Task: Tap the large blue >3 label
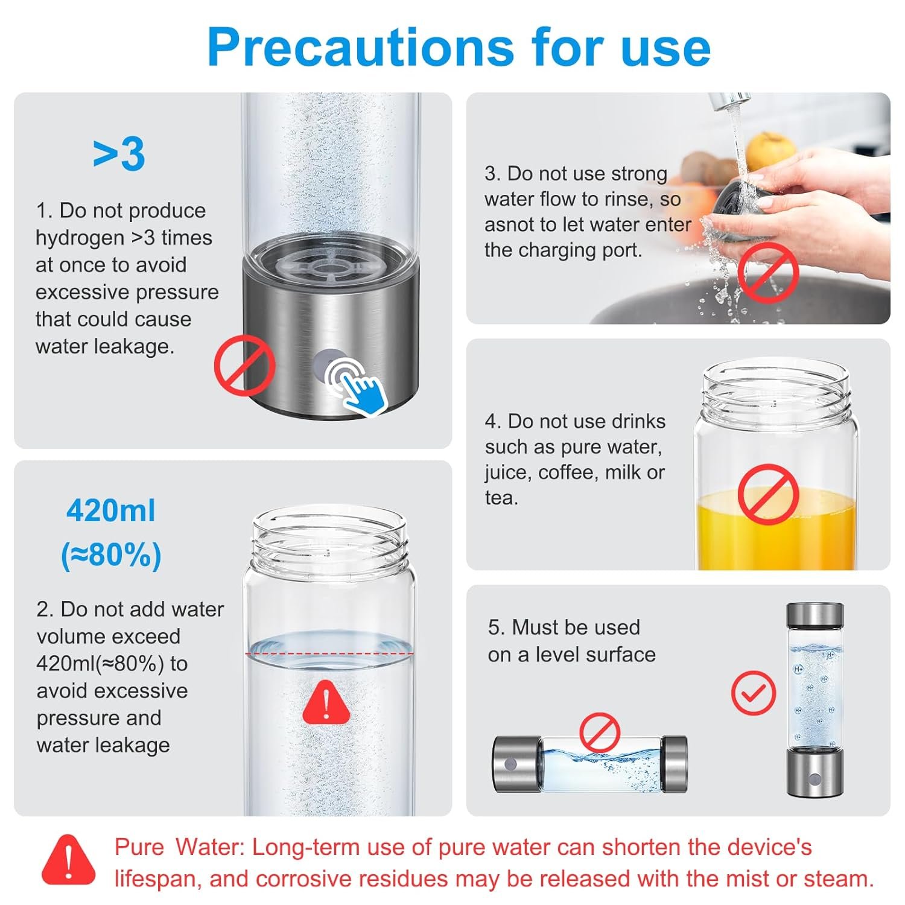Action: (x=119, y=154)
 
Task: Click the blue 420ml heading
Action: (x=111, y=511)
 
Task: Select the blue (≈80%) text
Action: (x=111, y=555)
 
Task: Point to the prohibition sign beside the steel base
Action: (x=244, y=366)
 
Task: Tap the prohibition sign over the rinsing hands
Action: (x=768, y=275)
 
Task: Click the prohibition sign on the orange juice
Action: (x=768, y=494)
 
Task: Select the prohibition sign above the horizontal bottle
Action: (x=600, y=732)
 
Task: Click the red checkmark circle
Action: (x=754, y=693)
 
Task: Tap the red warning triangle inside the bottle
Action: (x=326, y=702)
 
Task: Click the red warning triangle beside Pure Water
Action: (x=69, y=860)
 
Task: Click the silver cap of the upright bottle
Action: (x=815, y=615)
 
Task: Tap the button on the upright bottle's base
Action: (x=814, y=779)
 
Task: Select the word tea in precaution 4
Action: (x=501, y=498)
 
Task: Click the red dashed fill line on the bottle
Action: (x=329, y=653)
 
